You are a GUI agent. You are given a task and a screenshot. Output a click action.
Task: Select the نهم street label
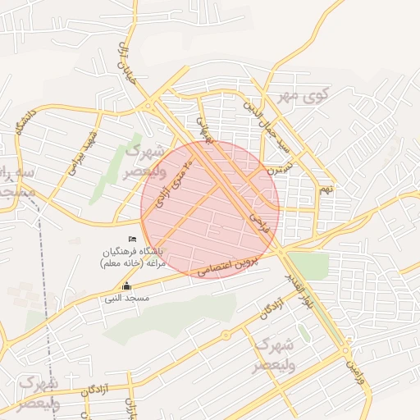pos(326,190)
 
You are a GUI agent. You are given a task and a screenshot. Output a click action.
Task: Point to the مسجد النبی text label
pos(126,299)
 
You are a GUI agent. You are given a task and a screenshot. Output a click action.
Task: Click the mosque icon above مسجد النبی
pos(126,286)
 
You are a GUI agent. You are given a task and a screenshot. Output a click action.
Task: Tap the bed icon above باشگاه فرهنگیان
pos(133,239)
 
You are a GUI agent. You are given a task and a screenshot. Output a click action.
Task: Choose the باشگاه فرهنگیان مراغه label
pos(133,257)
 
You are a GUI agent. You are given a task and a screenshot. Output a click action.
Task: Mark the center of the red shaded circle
pos(210,209)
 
